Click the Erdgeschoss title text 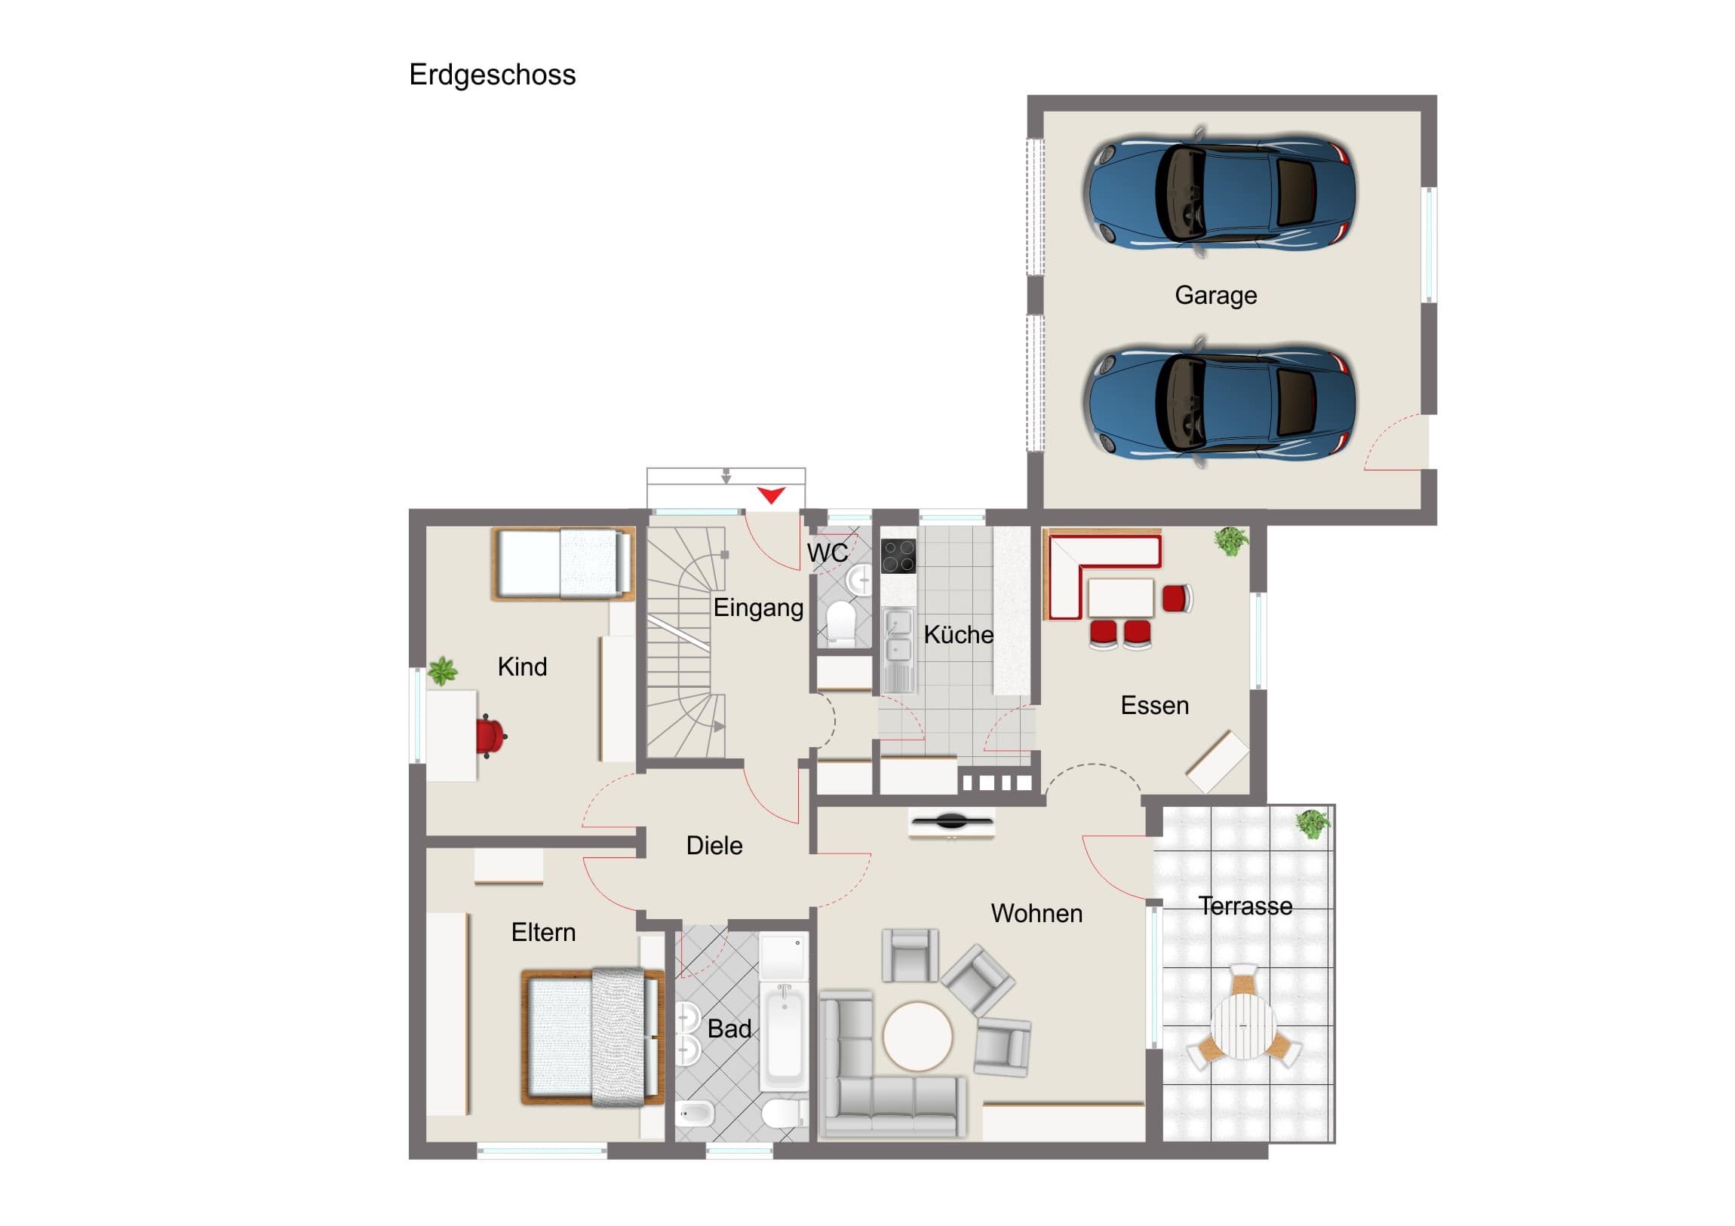click(492, 75)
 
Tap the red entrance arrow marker click(771, 495)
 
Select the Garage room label click(1216, 296)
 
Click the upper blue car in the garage click(1218, 192)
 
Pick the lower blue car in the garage click(1218, 403)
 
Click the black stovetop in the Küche click(898, 556)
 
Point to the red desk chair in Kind click(490, 737)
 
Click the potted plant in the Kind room click(443, 672)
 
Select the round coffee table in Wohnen click(917, 1036)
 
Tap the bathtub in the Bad click(785, 1035)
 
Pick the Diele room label click(714, 845)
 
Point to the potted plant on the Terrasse click(1313, 823)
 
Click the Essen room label click(1155, 706)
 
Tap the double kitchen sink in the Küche click(898, 649)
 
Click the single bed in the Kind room click(563, 563)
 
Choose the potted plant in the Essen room click(1231, 541)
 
